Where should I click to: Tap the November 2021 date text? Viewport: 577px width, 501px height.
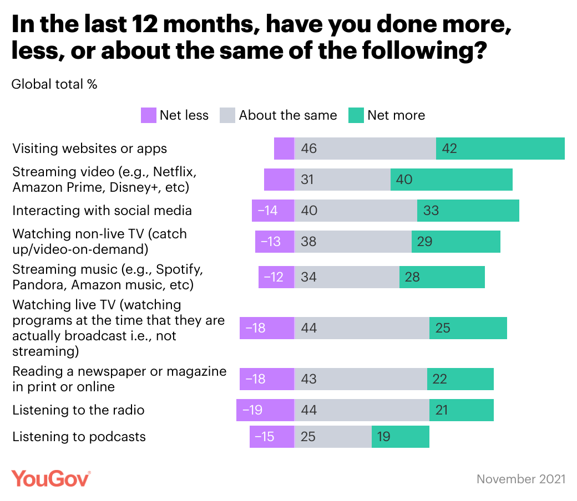tap(521, 479)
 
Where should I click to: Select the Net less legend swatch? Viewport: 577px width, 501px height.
tap(148, 115)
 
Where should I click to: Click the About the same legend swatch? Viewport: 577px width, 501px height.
tap(228, 115)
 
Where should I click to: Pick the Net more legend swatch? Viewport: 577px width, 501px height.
tap(356, 115)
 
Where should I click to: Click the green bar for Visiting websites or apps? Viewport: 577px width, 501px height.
tap(500, 149)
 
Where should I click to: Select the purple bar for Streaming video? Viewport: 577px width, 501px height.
tap(279, 180)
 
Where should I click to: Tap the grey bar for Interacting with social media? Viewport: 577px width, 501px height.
tap(355, 211)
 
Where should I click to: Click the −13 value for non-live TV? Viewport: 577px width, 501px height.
tap(271, 242)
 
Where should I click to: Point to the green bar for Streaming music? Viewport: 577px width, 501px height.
tap(442, 276)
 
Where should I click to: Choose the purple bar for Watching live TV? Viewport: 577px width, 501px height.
tap(266, 328)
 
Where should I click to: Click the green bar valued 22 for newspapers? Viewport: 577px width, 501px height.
tap(460, 379)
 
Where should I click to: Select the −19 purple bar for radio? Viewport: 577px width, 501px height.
tap(265, 410)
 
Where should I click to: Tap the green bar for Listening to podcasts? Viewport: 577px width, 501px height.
tap(400, 437)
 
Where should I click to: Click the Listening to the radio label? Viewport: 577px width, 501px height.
tap(78, 410)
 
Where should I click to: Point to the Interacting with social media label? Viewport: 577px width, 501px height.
tap(102, 211)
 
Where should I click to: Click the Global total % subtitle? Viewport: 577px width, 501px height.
tap(54, 84)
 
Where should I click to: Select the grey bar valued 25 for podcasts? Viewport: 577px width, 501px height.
tap(332, 437)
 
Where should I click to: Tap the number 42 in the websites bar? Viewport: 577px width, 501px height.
tap(449, 149)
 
